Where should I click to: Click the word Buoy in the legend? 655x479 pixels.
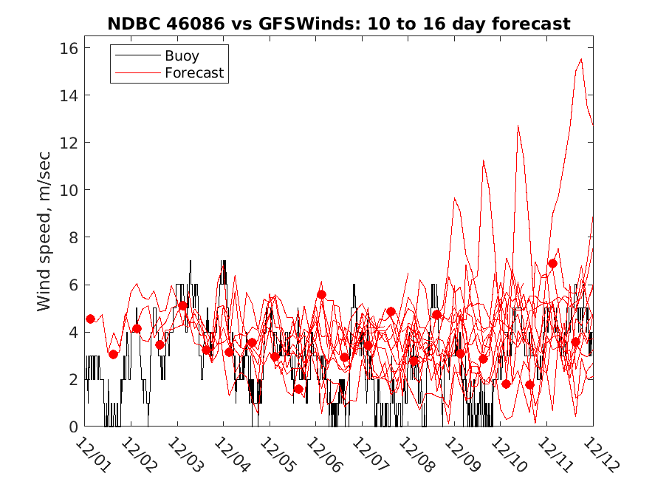tap(182, 55)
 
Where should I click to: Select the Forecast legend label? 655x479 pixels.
tap(194, 72)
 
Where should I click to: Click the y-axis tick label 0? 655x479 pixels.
tap(72, 427)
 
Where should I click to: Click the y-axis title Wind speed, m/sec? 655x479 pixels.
tap(45, 237)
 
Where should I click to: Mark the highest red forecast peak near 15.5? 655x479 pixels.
tap(581, 59)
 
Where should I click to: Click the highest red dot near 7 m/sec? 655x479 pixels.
tap(552, 263)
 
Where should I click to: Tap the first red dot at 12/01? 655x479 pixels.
tap(90, 319)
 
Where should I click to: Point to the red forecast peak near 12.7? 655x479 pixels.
tap(518, 126)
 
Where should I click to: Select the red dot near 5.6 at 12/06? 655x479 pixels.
tap(321, 294)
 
